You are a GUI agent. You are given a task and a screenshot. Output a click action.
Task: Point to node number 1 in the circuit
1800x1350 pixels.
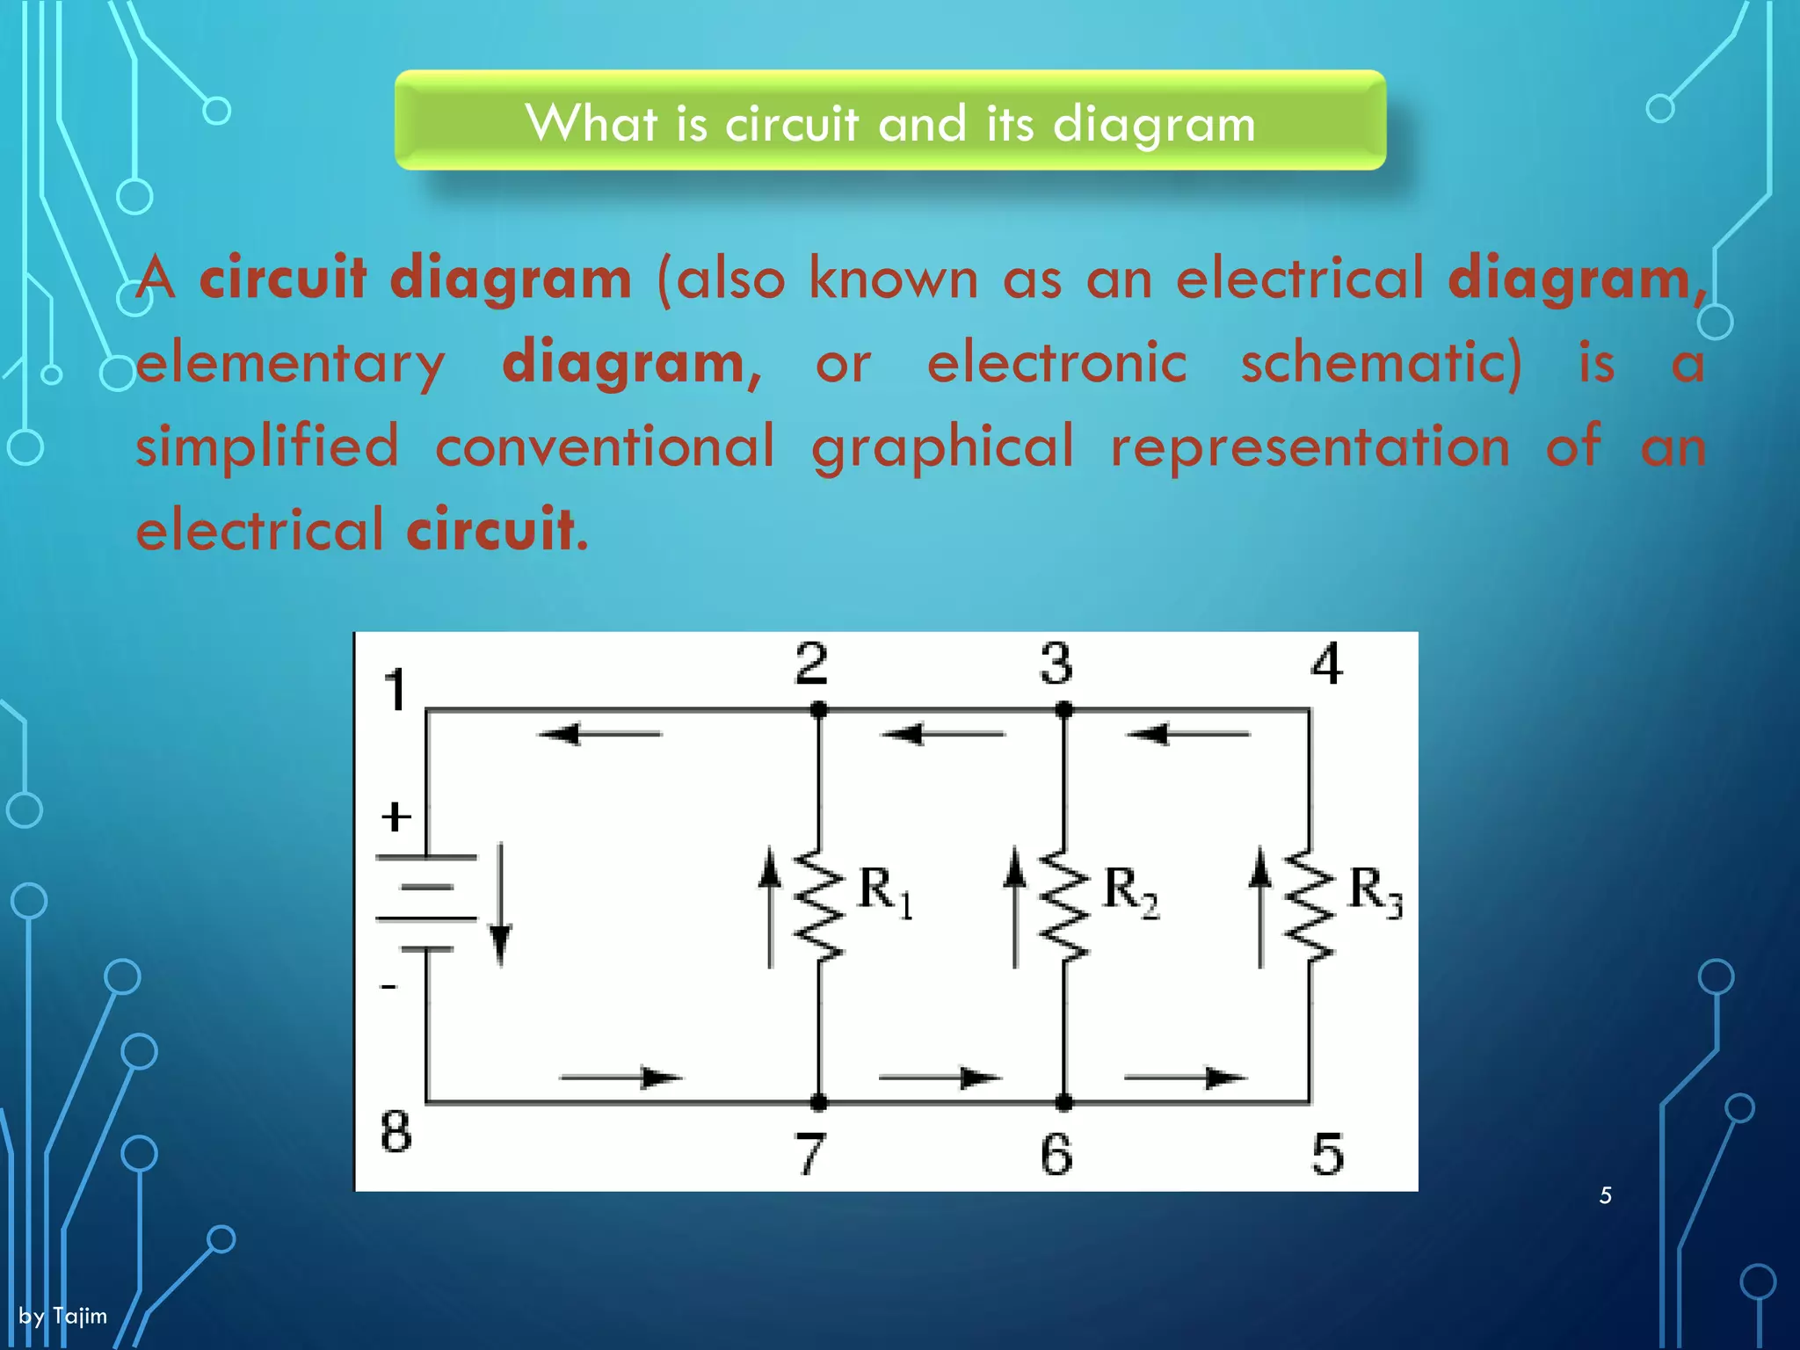tap(396, 690)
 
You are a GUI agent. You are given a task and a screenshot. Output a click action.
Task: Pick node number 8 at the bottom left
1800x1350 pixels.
tap(396, 1131)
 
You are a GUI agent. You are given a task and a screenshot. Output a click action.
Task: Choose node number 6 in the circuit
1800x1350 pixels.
tap(1056, 1154)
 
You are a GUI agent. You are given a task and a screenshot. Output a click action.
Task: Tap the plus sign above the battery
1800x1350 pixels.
tap(396, 817)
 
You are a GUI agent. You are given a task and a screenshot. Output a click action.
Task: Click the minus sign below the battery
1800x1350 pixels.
tap(388, 987)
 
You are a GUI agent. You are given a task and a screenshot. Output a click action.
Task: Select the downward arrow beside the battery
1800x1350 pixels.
tap(501, 905)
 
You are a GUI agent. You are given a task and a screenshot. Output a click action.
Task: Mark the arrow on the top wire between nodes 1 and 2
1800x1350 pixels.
tap(599, 733)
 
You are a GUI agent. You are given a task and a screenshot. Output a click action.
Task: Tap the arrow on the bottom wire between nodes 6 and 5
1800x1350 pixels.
tap(1186, 1078)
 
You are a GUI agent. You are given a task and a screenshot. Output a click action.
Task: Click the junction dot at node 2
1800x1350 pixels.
tap(818, 709)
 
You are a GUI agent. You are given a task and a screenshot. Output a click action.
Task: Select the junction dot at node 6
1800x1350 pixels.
tap(1063, 1102)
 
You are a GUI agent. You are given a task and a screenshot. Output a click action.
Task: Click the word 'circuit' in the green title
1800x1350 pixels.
tap(791, 123)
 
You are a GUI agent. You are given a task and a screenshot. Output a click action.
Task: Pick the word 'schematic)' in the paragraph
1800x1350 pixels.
tap(1382, 363)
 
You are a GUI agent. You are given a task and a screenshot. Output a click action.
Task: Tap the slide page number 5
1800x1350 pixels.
tap(1605, 1195)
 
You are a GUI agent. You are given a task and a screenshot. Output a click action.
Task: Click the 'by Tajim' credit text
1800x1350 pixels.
tap(63, 1316)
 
